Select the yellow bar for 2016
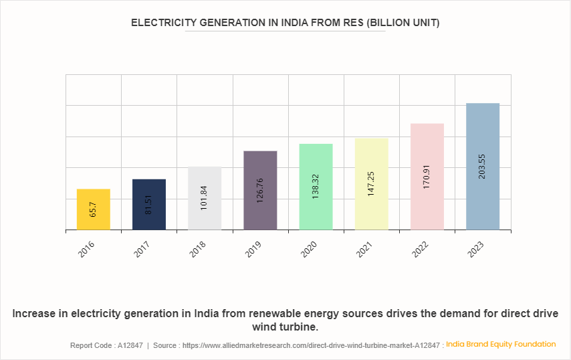(x=94, y=209)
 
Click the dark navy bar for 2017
(x=149, y=204)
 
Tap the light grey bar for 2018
(x=205, y=198)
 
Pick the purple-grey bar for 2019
(x=260, y=190)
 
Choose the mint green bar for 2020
(x=316, y=187)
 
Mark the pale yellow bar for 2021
(x=371, y=184)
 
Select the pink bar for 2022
(x=427, y=177)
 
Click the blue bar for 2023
(x=483, y=167)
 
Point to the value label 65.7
(x=94, y=210)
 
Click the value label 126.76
(x=260, y=191)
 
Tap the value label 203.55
(x=483, y=167)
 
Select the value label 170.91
(x=427, y=177)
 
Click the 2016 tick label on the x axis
(x=88, y=250)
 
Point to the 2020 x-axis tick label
(x=310, y=250)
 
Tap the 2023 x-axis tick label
(x=477, y=250)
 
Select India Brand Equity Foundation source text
(x=501, y=344)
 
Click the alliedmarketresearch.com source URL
(x=312, y=345)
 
